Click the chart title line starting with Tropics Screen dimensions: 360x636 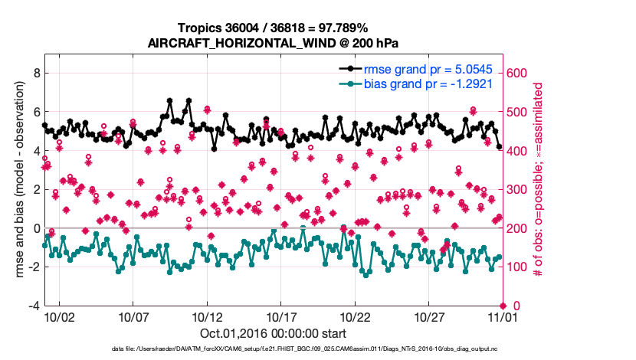coord(272,29)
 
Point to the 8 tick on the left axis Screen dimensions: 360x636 coord(34,73)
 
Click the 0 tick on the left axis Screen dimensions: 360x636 coord(34,228)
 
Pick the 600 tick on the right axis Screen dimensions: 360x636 coord(516,73)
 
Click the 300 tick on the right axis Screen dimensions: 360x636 coord(516,189)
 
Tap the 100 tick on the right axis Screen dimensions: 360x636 coord(516,267)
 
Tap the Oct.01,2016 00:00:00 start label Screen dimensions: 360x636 coord(272,334)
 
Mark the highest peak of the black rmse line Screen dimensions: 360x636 coord(169,100)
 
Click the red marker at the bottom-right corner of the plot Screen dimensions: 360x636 coord(502,306)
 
